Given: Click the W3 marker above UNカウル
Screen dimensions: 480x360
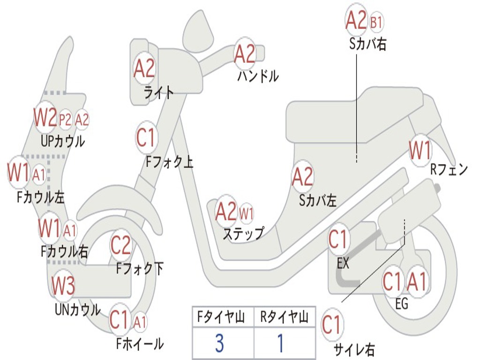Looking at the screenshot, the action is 63,285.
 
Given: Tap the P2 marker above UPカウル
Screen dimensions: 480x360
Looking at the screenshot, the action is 65,120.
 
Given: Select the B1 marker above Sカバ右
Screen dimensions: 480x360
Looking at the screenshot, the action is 376,22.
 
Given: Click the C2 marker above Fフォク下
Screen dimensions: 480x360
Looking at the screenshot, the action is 120,245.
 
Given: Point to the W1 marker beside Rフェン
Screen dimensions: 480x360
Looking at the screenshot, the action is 420,150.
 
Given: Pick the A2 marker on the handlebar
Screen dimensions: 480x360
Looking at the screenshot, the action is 245,54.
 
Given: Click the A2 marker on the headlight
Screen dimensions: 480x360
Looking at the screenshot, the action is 144,68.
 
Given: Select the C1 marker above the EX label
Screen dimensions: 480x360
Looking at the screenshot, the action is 338,240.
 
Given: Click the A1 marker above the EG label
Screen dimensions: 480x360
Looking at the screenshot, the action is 417,281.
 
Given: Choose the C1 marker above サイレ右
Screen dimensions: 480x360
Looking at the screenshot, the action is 331,324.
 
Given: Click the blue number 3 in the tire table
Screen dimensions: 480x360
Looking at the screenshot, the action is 219,343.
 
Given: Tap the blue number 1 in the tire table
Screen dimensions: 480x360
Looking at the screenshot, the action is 281,343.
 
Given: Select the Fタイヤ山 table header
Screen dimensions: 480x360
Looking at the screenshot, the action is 221,317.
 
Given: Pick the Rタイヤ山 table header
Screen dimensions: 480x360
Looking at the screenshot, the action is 284,317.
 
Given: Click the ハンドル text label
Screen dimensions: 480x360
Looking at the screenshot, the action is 258,76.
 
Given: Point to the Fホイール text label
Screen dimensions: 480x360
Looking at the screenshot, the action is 140,344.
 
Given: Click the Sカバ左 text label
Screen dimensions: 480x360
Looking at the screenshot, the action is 318,201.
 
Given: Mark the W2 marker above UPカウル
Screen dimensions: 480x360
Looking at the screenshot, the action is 45,117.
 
